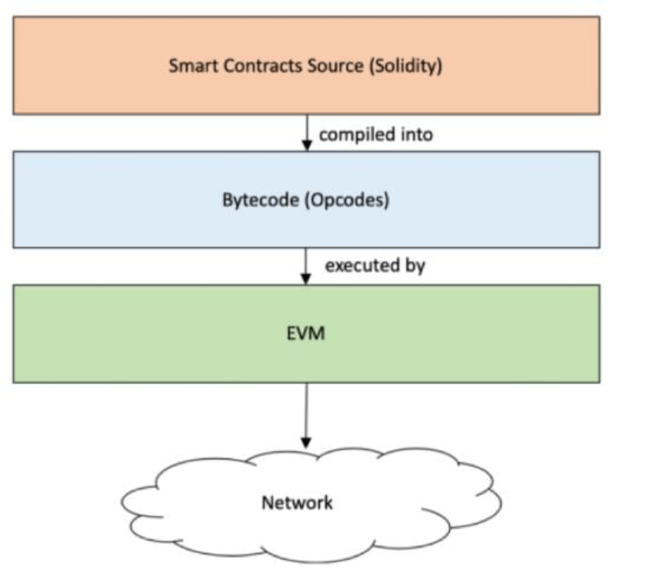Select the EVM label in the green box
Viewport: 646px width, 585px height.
(x=306, y=334)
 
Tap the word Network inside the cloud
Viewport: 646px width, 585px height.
(x=297, y=502)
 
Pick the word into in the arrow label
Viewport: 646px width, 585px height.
(x=414, y=135)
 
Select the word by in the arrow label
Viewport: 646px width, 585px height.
(x=415, y=265)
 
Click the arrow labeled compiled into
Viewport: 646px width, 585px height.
(x=306, y=131)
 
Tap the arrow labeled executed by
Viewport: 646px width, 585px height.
(x=306, y=265)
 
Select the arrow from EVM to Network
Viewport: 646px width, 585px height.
(x=306, y=413)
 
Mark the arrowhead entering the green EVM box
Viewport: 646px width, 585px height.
(x=306, y=279)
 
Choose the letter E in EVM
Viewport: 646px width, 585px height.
(x=290, y=334)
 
